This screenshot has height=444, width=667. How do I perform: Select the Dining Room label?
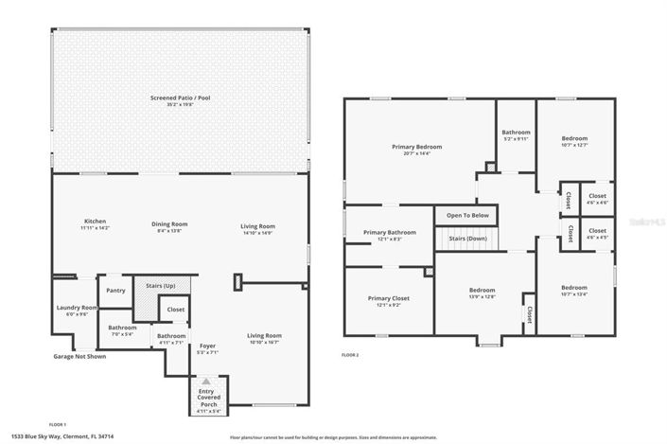coord(170,224)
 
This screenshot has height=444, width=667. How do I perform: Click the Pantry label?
coord(115,291)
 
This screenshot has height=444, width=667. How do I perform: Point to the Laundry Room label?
coord(77,308)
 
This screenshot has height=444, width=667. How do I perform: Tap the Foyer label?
coord(208,346)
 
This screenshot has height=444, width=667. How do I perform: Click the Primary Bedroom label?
coord(416,148)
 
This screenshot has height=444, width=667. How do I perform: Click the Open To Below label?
coord(467,215)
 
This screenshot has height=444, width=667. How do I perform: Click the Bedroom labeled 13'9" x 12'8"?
coord(482,291)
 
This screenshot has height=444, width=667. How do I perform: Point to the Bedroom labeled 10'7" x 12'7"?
coord(573,138)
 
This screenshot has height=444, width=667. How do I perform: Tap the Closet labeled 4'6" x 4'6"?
coord(597,196)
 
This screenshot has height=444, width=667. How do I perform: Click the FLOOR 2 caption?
coord(350,355)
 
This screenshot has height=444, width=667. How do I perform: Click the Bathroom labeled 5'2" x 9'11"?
coord(516,133)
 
